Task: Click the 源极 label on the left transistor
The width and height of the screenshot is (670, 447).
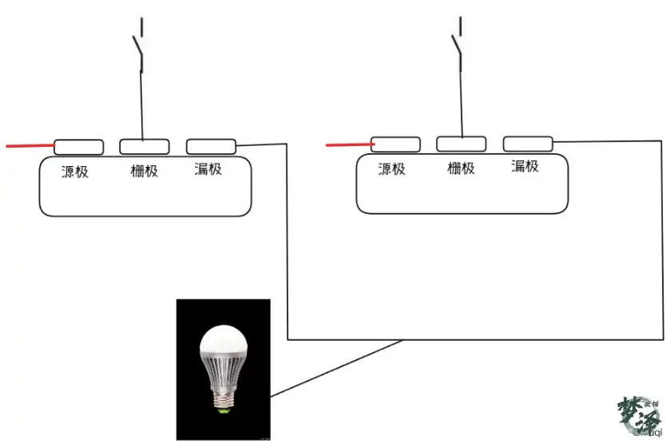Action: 74,171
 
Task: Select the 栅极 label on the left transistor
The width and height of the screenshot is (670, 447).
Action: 145,170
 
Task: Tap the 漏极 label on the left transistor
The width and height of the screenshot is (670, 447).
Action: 208,169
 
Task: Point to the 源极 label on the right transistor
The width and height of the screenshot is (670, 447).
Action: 391,168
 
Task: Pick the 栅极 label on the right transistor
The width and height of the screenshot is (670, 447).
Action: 461,168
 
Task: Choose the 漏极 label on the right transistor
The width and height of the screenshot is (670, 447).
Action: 525,166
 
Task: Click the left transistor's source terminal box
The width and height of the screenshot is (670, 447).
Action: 78,147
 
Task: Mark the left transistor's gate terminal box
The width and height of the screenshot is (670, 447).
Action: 145,146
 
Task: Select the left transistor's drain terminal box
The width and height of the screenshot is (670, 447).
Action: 211,146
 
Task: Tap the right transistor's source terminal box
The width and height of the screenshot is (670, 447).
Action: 395,144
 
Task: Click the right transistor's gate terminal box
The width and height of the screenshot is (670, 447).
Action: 461,144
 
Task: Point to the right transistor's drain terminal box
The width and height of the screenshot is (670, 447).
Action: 528,143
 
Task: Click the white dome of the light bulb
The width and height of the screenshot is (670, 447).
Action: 223,341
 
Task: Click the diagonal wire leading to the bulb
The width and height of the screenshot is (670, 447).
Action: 335,368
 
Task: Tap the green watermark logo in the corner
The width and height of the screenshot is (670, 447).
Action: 639,416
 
